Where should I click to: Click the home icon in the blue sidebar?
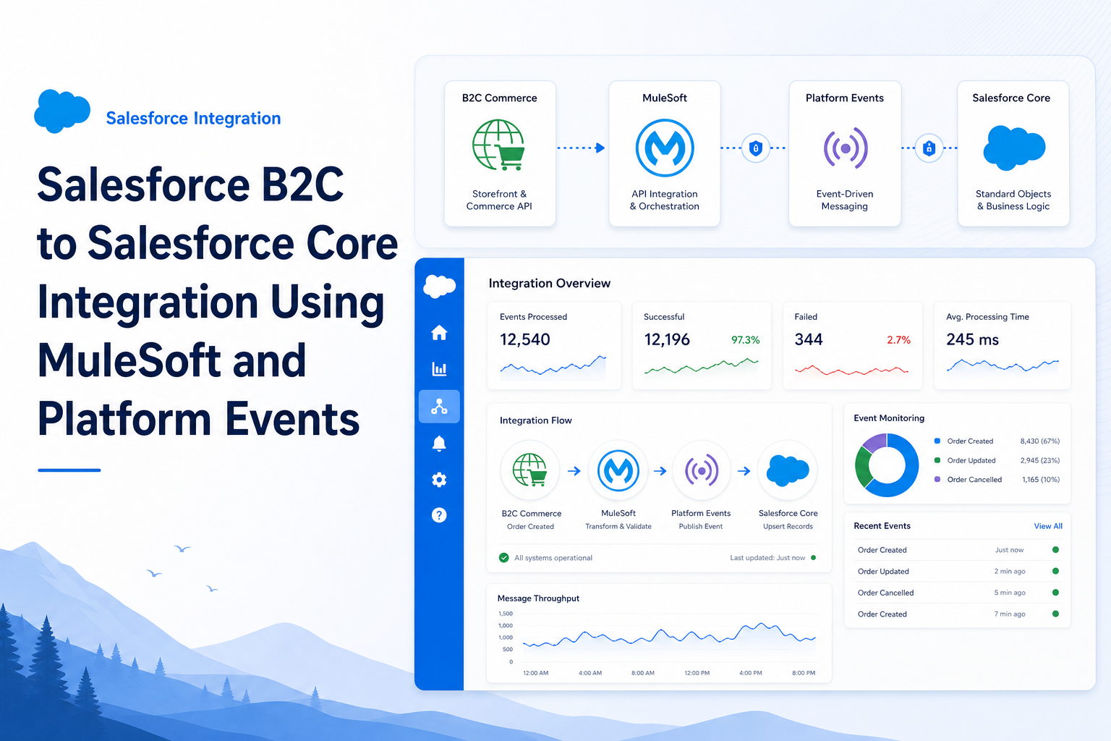point(439,333)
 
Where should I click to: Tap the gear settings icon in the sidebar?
point(439,480)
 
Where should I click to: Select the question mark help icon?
point(439,515)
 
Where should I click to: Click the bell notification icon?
point(439,443)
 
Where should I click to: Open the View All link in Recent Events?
point(1048,526)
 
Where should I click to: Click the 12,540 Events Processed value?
point(524,339)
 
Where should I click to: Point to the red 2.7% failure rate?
point(899,340)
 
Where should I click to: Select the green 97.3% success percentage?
point(746,340)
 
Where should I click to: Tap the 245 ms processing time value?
point(972,339)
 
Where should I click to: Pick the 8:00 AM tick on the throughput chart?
point(643,673)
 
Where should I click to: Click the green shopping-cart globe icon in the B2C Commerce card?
point(498,145)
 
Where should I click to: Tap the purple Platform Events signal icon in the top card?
point(846,148)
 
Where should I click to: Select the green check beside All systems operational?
point(504,558)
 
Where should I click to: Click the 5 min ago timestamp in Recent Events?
point(1010,593)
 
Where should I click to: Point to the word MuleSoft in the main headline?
point(129,361)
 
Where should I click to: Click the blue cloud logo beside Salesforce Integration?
point(62,111)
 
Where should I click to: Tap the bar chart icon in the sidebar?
point(439,369)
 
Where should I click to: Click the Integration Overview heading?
point(550,284)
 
